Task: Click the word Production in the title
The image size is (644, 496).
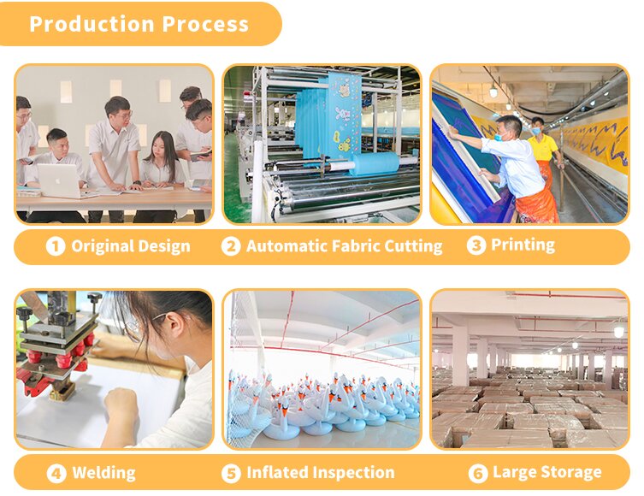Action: [92, 24]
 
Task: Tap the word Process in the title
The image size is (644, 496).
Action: [205, 24]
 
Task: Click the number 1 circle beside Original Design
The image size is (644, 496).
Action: [56, 247]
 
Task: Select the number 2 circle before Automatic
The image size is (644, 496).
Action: [231, 247]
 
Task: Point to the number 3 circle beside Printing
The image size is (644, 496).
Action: [476, 245]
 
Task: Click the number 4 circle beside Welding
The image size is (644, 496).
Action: [56, 474]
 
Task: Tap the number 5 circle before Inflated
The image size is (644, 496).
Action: [231, 474]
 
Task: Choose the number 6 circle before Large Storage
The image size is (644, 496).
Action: [478, 474]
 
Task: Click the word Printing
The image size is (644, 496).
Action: [523, 245]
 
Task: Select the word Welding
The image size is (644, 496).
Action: [103, 473]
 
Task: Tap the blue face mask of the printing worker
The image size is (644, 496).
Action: [499, 135]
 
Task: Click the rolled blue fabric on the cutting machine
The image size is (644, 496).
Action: [374, 163]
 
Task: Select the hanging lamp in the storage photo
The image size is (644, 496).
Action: [618, 330]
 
